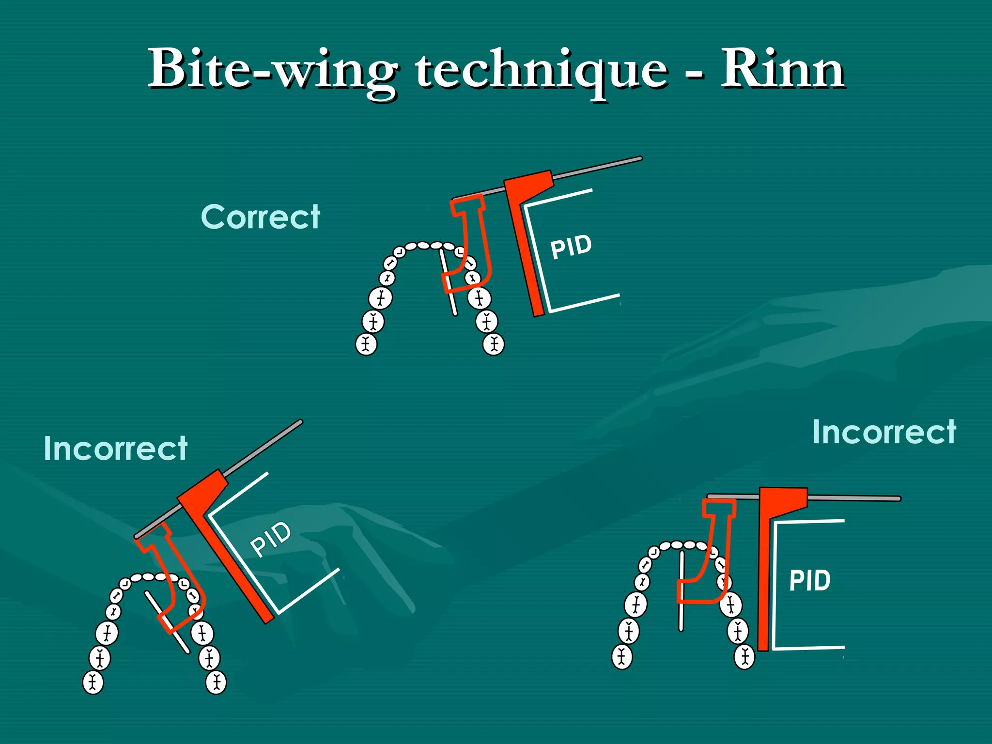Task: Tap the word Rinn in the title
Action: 782,70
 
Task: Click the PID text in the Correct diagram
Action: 571,247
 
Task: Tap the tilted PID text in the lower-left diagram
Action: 271,539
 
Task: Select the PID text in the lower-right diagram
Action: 809,580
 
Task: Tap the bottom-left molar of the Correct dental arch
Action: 366,344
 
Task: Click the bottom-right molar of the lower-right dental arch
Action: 744,657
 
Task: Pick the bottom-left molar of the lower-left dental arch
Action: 93,682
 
